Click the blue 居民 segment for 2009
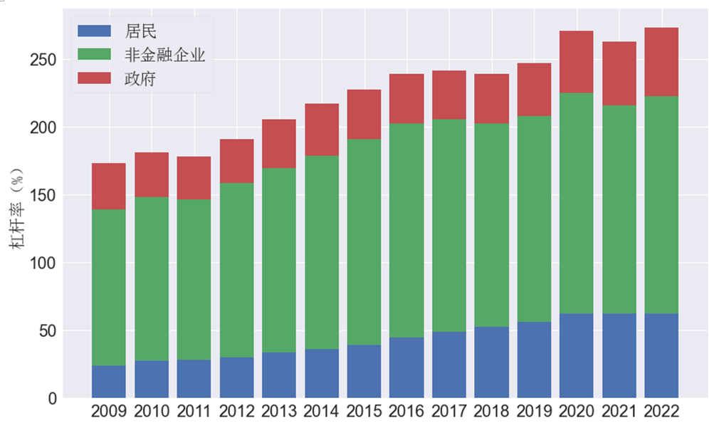click(x=109, y=382)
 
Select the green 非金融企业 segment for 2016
click(x=406, y=231)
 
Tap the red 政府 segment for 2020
click(x=577, y=62)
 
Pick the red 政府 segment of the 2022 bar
click(x=661, y=62)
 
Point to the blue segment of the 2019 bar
click(x=534, y=360)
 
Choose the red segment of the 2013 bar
click(x=279, y=143)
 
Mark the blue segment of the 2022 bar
click(x=661, y=355)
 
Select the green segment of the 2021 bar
click(x=619, y=209)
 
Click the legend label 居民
click(x=140, y=31)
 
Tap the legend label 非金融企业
click(x=164, y=55)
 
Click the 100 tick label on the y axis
click(x=43, y=263)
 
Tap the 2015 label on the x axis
click(x=364, y=412)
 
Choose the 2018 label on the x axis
click(x=492, y=412)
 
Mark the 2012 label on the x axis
click(x=236, y=412)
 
